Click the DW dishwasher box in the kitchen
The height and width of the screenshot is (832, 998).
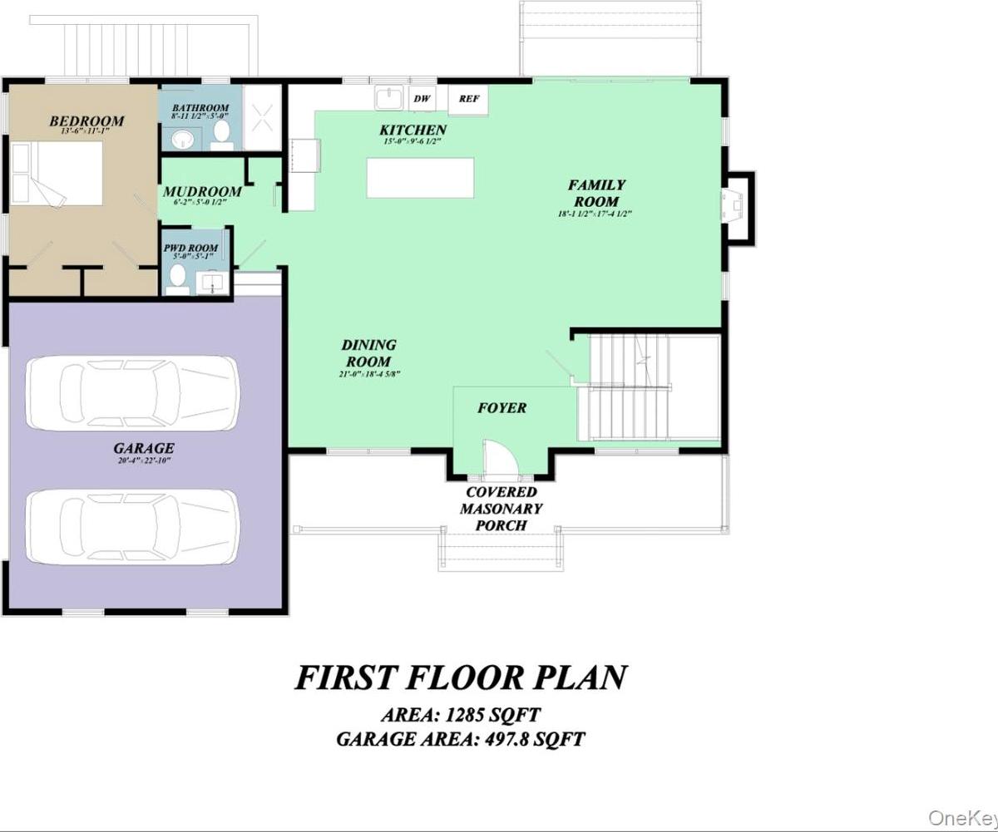pos(422,99)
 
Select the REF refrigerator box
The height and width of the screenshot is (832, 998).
pos(469,100)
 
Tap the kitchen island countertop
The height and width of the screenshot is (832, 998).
pos(420,178)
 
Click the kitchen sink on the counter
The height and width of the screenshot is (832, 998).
pos(388,98)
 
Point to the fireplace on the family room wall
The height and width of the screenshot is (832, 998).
pos(737,209)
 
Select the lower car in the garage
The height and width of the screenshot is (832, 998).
pos(132,525)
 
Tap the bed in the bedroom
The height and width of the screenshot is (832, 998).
pos(57,174)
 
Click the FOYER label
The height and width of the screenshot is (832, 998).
pos(501,408)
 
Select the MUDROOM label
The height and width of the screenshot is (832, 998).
pos(201,191)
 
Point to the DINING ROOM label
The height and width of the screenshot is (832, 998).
pos(368,353)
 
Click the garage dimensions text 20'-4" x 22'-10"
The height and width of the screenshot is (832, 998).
pos(144,460)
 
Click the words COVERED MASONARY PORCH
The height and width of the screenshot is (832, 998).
pos(501,509)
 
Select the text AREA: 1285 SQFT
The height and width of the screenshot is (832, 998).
pos(460,715)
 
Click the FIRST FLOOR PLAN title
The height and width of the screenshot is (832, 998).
pos(460,677)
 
